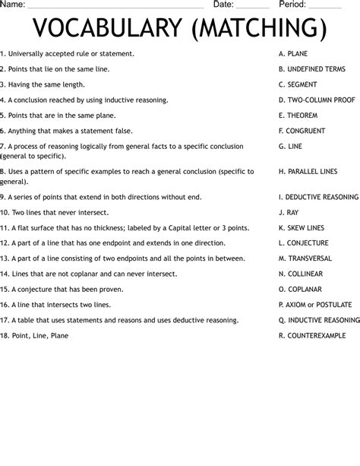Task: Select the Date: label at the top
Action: point(223,5)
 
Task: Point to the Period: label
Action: point(292,5)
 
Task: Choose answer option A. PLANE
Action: point(293,54)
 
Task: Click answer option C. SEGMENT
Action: point(298,84)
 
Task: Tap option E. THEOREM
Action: point(298,116)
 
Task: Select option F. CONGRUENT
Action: point(302,131)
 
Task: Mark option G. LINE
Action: point(290,146)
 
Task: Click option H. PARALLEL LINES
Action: point(308,171)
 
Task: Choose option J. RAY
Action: point(289,212)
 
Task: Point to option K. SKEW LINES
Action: point(302,227)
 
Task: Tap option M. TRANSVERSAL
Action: point(306,258)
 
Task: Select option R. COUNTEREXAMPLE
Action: point(312,335)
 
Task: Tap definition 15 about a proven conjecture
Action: point(65,289)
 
